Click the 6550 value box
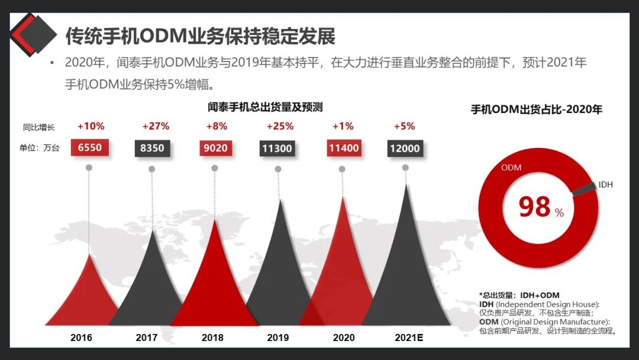point(90,148)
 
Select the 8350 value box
point(152,148)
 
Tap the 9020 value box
point(215,148)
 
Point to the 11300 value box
point(277,148)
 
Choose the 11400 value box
point(343,148)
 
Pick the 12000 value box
point(405,148)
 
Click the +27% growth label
point(156,126)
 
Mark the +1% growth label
point(343,126)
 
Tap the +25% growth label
point(280,126)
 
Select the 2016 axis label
point(81,337)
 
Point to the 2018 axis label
point(212,337)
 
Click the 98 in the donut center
point(535,207)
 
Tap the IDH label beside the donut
point(606,185)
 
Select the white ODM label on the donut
point(511,168)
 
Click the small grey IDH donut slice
point(583,188)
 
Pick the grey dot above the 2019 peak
point(278,169)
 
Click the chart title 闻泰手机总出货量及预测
point(265,107)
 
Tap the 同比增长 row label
point(38,127)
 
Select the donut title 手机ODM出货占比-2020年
point(536,110)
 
